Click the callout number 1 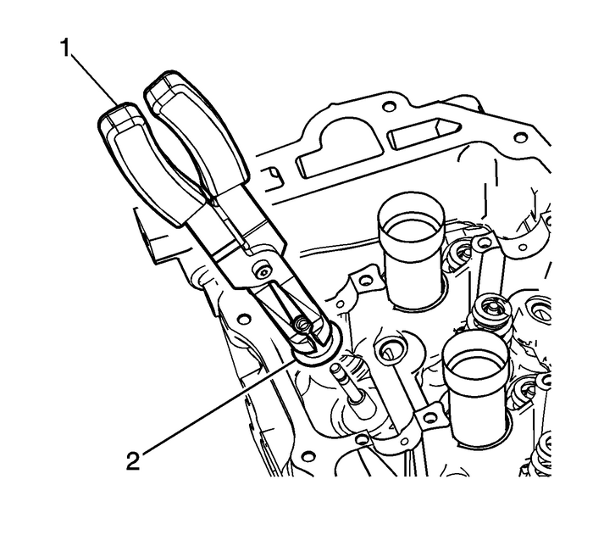coord(64,47)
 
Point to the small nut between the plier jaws coord(299,323)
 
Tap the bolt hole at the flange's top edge coord(389,108)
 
